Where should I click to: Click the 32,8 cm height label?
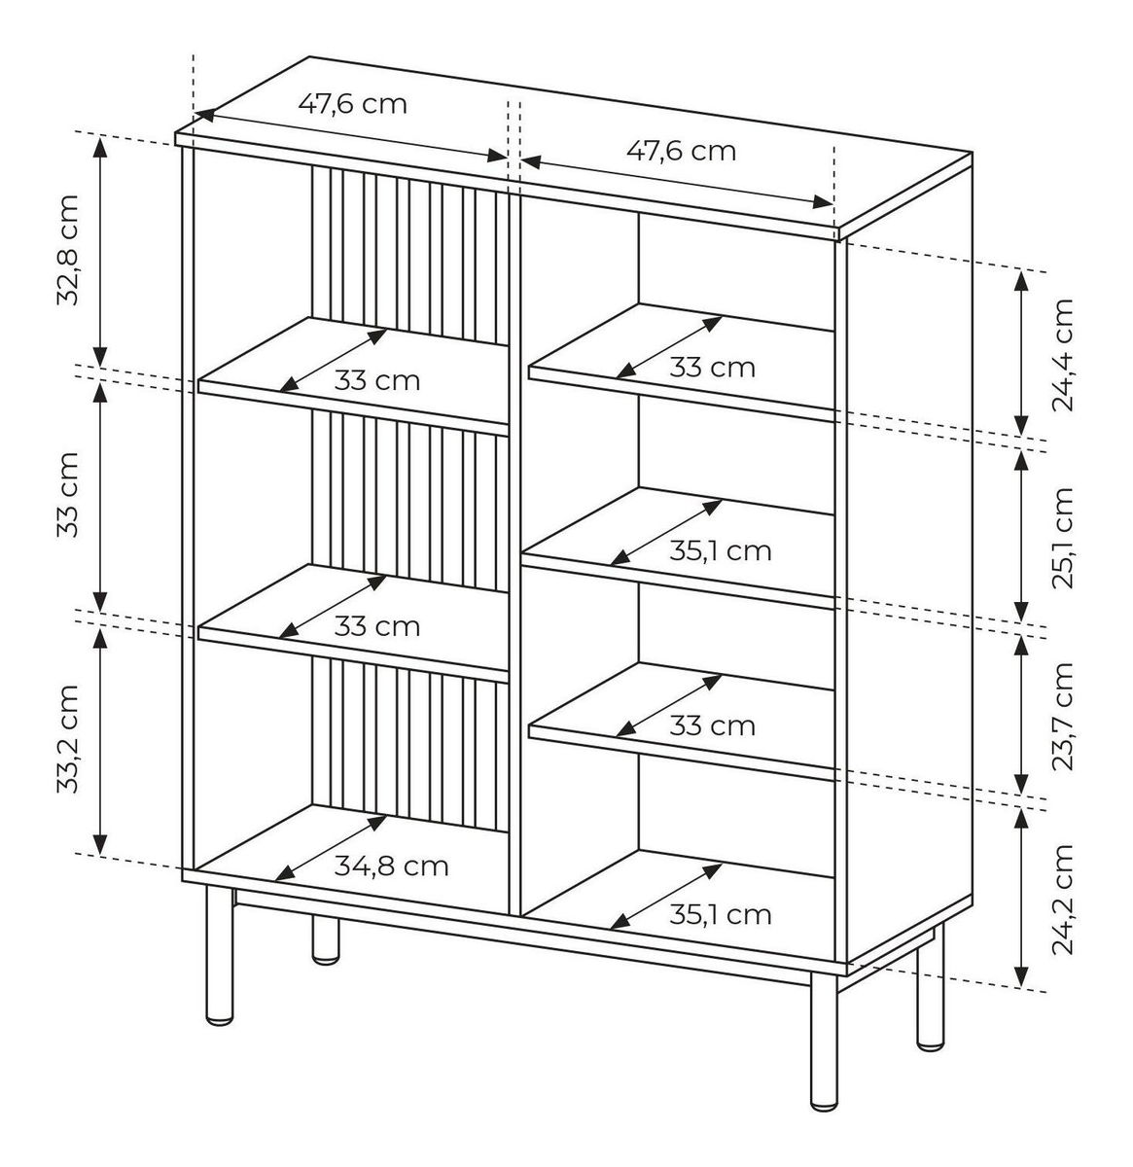pos(68,250)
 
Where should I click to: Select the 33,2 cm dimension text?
pos(68,739)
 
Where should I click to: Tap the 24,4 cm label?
pos(1062,354)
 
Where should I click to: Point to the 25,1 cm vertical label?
pos(1062,538)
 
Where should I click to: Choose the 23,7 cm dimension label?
pos(1062,716)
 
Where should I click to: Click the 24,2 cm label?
pos(1062,899)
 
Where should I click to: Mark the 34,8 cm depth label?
pos(391,866)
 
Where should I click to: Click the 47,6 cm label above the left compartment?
pos(352,104)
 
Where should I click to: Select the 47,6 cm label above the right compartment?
pos(681,151)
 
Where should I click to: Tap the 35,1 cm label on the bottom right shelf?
pos(720,914)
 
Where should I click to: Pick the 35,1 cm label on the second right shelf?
pos(720,550)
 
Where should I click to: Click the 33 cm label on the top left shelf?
pos(376,381)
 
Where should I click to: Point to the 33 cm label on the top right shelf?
pos(712,367)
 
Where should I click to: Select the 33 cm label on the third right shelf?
pos(712,726)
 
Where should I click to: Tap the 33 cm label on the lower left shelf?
pos(376,626)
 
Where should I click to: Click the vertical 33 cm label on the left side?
pos(68,495)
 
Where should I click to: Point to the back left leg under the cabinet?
pos(325,940)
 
